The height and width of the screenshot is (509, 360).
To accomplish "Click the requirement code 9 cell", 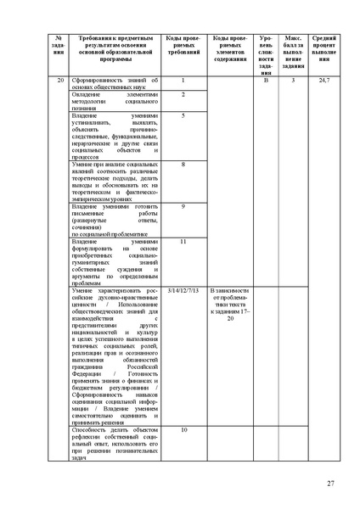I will (183, 206).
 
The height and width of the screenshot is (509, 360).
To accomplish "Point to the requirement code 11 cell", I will (183, 242).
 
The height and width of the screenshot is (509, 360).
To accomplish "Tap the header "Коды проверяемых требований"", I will (183, 47).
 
